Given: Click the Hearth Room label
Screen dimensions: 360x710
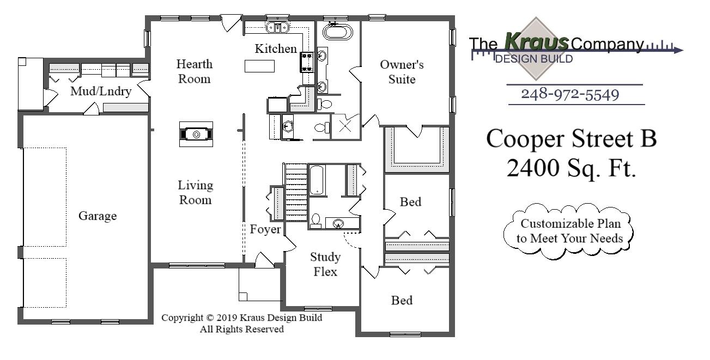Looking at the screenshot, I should click(x=194, y=71).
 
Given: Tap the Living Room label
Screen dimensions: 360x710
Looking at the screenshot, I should click(x=195, y=192).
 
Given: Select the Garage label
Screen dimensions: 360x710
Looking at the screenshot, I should click(x=98, y=216).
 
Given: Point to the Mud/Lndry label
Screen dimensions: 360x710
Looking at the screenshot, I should click(x=101, y=91).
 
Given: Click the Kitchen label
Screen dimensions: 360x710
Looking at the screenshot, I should click(x=276, y=49).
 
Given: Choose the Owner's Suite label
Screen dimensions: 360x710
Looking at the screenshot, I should click(x=402, y=72).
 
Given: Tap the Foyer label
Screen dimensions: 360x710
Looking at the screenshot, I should click(x=265, y=229).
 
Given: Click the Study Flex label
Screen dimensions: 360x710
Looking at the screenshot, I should click(x=325, y=264).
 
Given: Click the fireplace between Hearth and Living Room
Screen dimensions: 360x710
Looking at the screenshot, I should click(x=196, y=133).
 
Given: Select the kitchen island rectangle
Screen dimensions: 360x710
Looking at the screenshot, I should click(x=259, y=66).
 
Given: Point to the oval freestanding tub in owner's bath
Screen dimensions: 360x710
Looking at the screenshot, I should click(x=338, y=32).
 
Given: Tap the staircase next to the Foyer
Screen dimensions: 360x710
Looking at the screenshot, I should click(x=296, y=193).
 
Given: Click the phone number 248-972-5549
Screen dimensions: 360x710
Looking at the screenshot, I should click(x=570, y=94).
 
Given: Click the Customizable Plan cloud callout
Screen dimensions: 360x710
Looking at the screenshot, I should click(x=570, y=231).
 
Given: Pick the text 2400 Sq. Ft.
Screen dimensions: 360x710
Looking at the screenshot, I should click(x=571, y=168).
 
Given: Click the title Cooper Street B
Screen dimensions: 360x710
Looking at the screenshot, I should click(x=571, y=138).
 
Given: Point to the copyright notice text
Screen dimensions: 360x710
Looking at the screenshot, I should click(x=241, y=324).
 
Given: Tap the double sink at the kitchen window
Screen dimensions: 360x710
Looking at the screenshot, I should click(x=278, y=27).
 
